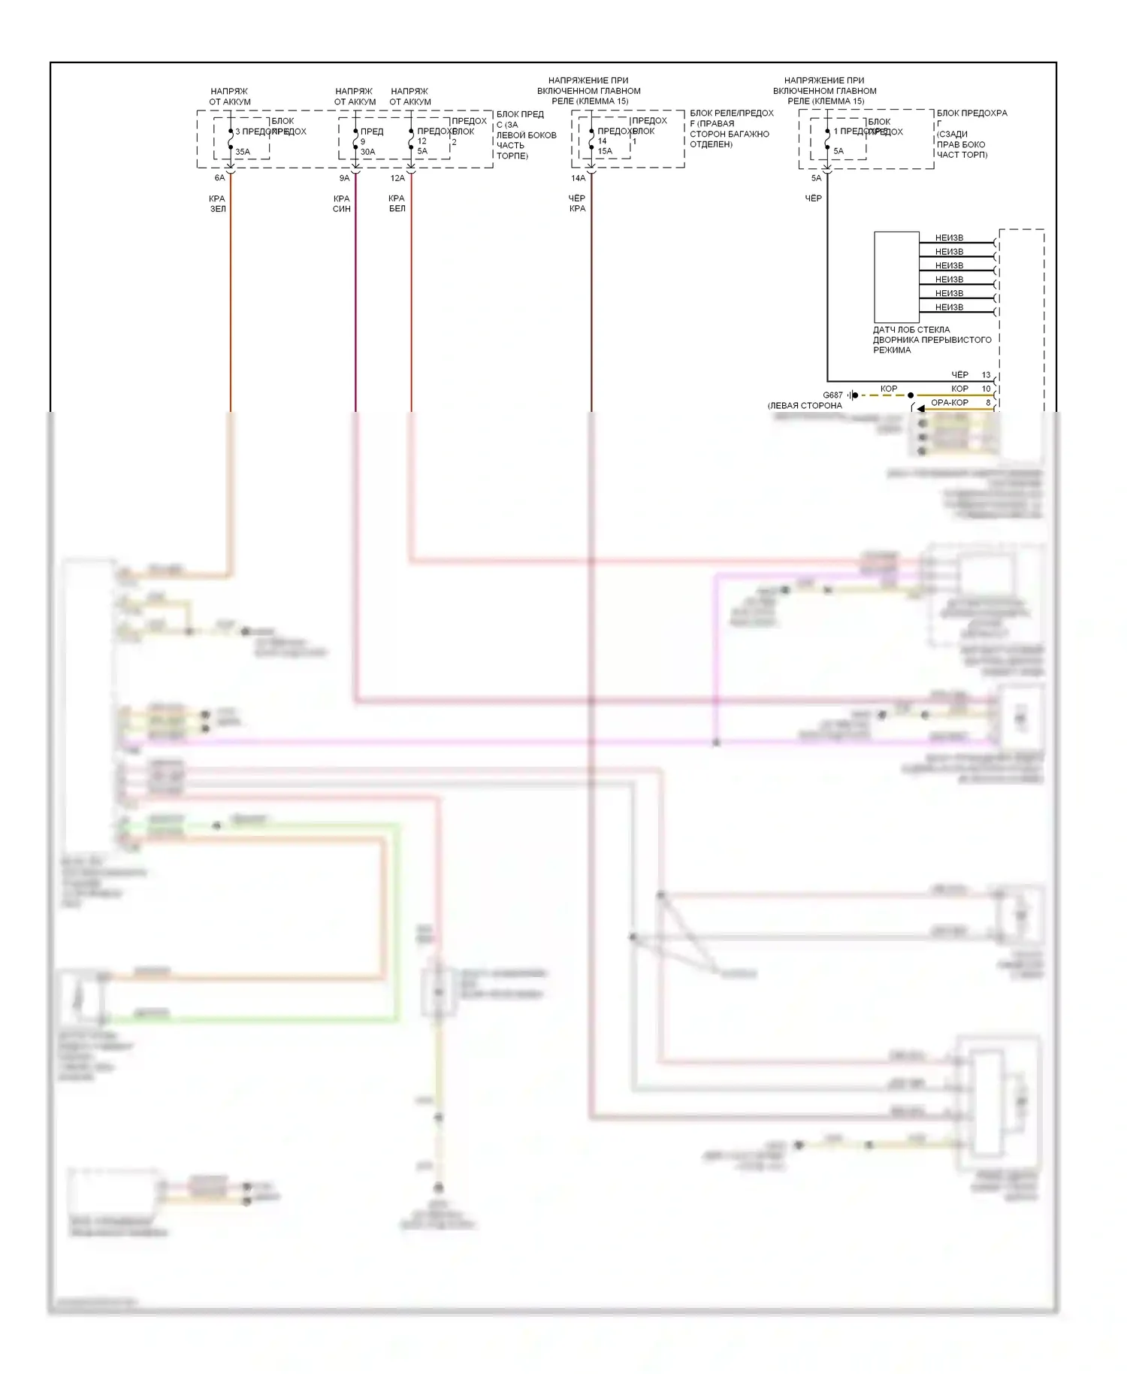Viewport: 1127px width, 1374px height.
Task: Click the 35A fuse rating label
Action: pyautogui.click(x=243, y=152)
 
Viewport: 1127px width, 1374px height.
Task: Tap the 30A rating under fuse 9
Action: pyautogui.click(x=367, y=152)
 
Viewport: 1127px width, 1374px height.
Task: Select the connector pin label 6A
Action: pyautogui.click(x=219, y=178)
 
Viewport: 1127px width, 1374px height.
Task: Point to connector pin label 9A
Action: pyautogui.click(x=344, y=178)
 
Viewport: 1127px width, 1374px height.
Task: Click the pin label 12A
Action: pyautogui.click(x=397, y=178)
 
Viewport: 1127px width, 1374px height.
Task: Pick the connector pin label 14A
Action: pyautogui.click(x=578, y=178)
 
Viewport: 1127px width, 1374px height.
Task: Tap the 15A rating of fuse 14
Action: pyautogui.click(x=605, y=151)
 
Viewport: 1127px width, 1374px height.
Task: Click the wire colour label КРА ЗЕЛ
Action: pyautogui.click(x=217, y=204)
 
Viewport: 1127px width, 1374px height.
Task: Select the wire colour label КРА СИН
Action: pyautogui.click(x=342, y=204)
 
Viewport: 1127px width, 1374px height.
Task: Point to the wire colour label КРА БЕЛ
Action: pyautogui.click(x=397, y=204)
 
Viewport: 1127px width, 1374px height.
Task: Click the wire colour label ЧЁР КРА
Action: pyautogui.click(x=577, y=204)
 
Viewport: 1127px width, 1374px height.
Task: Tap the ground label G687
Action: pyautogui.click(x=832, y=395)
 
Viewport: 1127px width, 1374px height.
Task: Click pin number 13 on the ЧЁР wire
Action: pyautogui.click(x=987, y=375)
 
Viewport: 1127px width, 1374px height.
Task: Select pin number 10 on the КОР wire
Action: pyautogui.click(x=987, y=389)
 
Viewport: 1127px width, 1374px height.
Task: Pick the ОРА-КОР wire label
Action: pyautogui.click(x=950, y=403)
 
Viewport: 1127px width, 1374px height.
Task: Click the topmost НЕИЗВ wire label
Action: pyautogui.click(x=949, y=238)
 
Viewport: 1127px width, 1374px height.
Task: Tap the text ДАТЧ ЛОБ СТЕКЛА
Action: pyautogui.click(x=911, y=330)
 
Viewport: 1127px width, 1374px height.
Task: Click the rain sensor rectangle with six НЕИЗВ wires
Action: pyautogui.click(x=896, y=277)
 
